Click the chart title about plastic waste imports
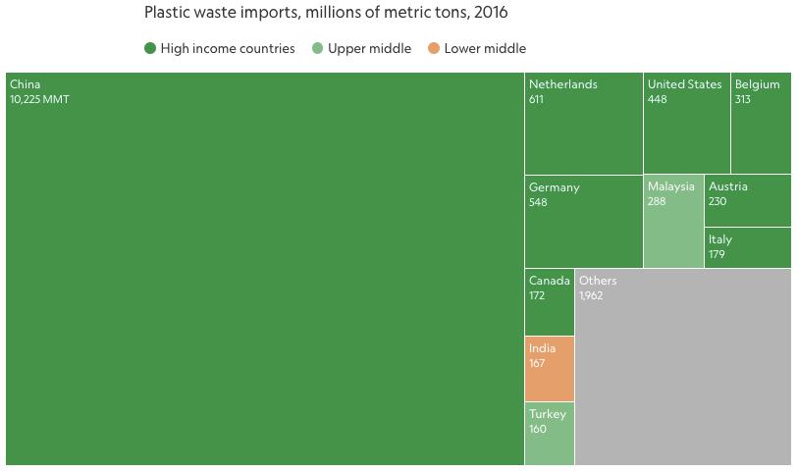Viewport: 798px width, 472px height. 326,13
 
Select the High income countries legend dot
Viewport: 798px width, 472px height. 150,48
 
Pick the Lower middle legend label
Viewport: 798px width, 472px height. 485,48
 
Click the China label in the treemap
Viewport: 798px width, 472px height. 26,84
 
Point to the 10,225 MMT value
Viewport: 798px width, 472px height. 39,99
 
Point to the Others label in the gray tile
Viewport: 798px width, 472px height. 598,281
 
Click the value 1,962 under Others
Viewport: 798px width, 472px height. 591,295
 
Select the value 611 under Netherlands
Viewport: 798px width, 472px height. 536,99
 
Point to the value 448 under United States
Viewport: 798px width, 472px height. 657,99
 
